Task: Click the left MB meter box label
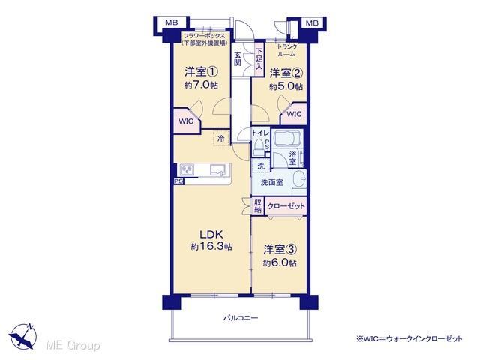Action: tap(171, 22)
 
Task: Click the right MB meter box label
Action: tap(312, 22)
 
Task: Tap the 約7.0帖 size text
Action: tap(201, 85)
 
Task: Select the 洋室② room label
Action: tap(286, 73)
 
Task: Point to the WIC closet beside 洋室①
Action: tap(186, 121)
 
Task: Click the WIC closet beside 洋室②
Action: tap(294, 114)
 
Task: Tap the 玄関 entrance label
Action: tap(238, 59)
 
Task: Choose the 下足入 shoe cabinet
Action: tap(259, 58)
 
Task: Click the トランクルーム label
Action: tap(287, 50)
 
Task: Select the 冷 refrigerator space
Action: tap(221, 139)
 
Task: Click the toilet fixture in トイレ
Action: tap(259, 146)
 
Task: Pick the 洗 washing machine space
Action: tap(261, 166)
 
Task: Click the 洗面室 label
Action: tap(271, 183)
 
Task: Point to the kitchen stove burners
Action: tap(187, 169)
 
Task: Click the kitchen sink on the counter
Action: tap(217, 170)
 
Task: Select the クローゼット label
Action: tap(286, 206)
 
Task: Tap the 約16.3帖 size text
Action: tap(211, 247)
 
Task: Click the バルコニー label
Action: tap(241, 318)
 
